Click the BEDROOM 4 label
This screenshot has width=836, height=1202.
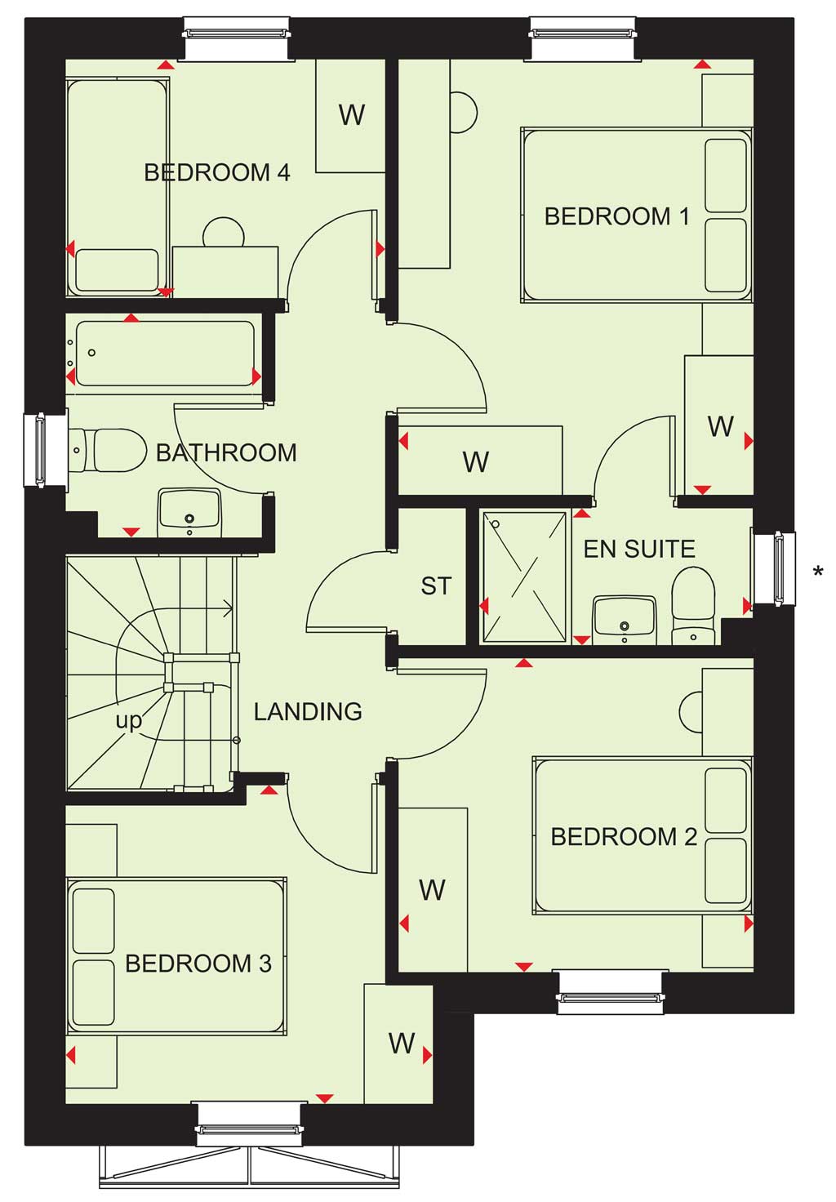click(217, 173)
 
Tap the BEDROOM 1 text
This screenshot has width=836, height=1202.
click(616, 216)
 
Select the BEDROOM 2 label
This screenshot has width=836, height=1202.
click(624, 837)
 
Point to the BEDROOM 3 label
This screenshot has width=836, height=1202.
click(198, 964)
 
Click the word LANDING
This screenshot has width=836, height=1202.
click(308, 711)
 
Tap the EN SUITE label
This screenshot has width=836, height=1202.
click(639, 549)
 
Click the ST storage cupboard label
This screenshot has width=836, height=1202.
click(436, 585)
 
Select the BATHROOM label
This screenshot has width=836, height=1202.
click(226, 453)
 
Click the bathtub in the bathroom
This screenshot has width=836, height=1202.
click(165, 353)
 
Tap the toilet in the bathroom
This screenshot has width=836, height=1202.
click(108, 450)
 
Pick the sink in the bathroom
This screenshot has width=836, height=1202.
click(189, 512)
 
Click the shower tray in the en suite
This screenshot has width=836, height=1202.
click(525, 577)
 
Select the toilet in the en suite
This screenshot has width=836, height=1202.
click(693, 607)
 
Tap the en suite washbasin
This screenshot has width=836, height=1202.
click(624, 620)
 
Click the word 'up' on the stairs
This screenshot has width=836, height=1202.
click(129, 721)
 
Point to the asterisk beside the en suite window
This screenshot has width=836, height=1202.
click(818, 571)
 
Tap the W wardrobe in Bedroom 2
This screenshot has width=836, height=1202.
click(433, 890)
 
